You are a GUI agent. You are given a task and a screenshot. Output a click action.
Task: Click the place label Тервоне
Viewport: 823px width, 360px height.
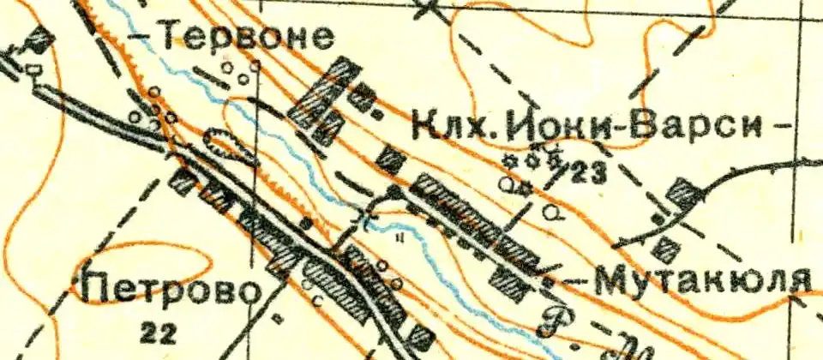click(x=246, y=36)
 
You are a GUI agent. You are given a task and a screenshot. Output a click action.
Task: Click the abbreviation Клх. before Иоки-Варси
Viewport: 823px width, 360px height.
click(x=453, y=127)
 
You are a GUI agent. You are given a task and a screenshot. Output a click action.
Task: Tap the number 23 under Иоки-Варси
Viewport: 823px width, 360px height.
click(x=588, y=174)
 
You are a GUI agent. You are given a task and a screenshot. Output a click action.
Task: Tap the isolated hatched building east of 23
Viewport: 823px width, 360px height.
click(x=683, y=192)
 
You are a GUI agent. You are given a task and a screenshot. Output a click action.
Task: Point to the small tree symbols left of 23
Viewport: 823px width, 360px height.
click(x=532, y=159)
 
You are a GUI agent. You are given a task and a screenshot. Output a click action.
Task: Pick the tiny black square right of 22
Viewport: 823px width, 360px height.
click(x=276, y=318)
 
